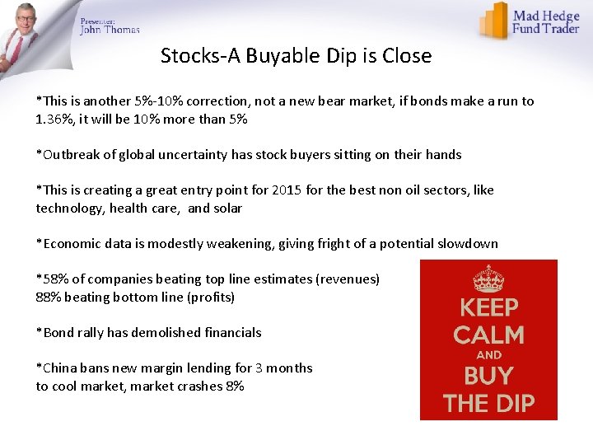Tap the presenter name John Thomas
point(110,30)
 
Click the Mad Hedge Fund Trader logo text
point(546,22)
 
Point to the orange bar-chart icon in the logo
point(494,20)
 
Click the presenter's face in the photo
point(26,18)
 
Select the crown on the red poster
point(488,279)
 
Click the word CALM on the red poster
point(488,335)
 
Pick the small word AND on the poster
point(488,355)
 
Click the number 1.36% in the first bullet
point(55,119)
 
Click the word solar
point(226,208)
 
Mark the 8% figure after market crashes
point(234,386)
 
